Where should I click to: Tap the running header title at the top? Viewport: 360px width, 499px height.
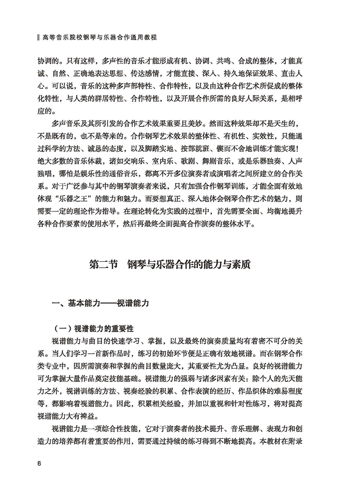pos(99,39)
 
